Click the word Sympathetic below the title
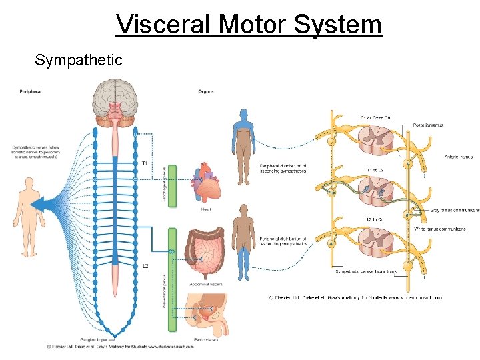coord(79,61)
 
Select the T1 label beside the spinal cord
coord(145,163)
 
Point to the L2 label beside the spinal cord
coord(145,266)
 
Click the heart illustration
coord(208,183)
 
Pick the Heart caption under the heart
coord(207,209)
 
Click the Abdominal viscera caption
coord(206,284)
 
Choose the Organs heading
coord(206,91)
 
